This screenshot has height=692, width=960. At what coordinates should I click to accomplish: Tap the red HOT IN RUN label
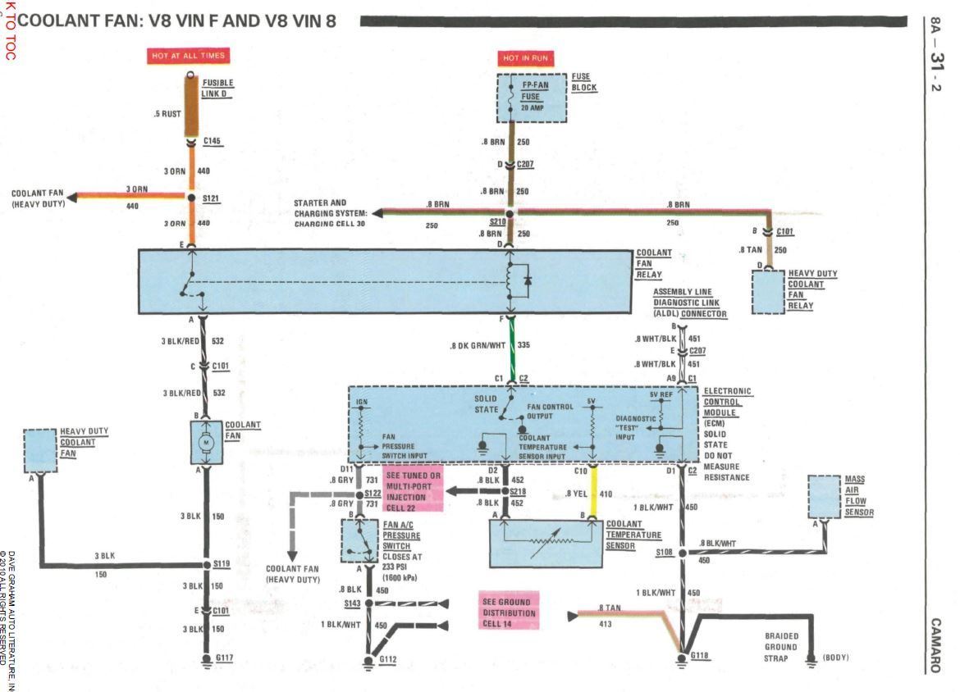[525, 59]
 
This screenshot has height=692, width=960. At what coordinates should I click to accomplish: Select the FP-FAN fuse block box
[533, 98]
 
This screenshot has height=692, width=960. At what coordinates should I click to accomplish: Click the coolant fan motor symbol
[206, 443]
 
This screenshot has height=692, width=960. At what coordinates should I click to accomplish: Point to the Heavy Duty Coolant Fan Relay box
[769, 291]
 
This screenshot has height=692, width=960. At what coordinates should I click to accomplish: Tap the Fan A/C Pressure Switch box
[359, 540]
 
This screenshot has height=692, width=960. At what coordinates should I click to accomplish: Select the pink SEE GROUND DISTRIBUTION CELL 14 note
[510, 612]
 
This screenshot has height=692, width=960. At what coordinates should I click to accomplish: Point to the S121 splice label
[213, 198]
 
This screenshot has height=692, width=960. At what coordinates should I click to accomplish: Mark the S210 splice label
[497, 221]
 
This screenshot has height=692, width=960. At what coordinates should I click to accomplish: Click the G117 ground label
[225, 658]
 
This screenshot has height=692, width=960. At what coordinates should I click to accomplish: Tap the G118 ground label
[700, 656]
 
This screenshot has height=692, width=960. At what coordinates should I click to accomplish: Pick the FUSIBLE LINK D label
[217, 88]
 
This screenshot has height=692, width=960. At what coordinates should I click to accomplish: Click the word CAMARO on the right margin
[936, 645]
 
